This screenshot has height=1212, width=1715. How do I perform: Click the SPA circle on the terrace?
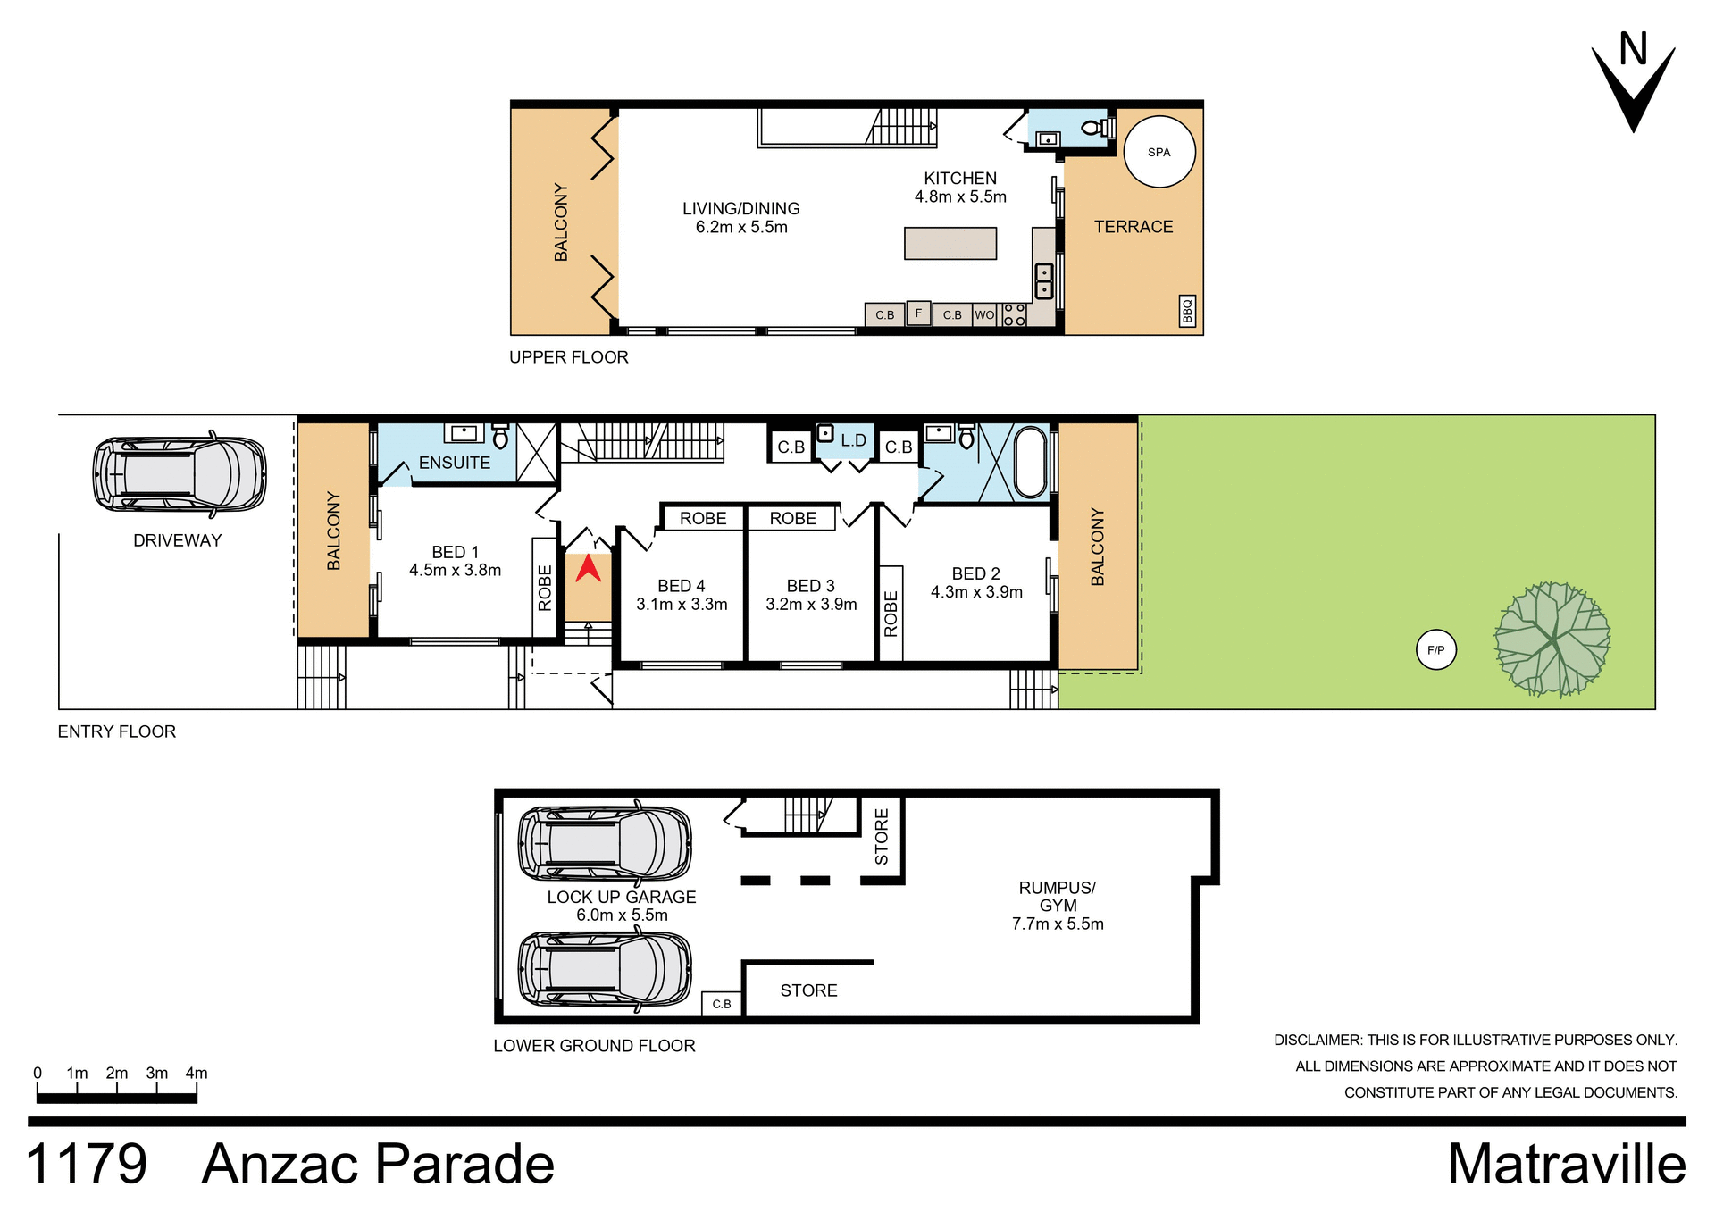(1159, 152)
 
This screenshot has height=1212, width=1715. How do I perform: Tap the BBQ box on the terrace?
(1187, 311)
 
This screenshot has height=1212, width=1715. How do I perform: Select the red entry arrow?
(588, 569)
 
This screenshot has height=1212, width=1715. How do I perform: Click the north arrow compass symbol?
(1634, 85)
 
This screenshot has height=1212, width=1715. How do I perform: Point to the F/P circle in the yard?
(1435, 650)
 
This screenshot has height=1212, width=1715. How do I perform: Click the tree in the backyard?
(1552, 639)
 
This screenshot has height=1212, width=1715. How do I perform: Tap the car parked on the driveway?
(180, 474)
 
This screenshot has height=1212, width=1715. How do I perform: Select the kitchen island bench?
(950, 243)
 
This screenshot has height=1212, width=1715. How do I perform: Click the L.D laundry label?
(853, 440)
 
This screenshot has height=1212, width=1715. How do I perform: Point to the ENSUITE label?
(454, 463)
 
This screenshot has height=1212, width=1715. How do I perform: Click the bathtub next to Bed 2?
(1030, 462)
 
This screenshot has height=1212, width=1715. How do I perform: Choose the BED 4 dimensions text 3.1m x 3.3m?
(682, 605)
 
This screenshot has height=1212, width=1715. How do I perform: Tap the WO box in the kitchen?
(984, 315)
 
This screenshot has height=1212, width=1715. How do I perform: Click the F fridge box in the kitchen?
(918, 313)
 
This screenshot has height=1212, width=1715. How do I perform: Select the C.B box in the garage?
(722, 1004)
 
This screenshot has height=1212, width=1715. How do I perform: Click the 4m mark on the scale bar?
(197, 1074)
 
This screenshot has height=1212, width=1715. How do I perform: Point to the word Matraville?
(1566, 1165)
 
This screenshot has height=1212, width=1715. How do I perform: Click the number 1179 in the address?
(87, 1165)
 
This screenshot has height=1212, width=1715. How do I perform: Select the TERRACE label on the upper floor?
(1134, 227)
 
